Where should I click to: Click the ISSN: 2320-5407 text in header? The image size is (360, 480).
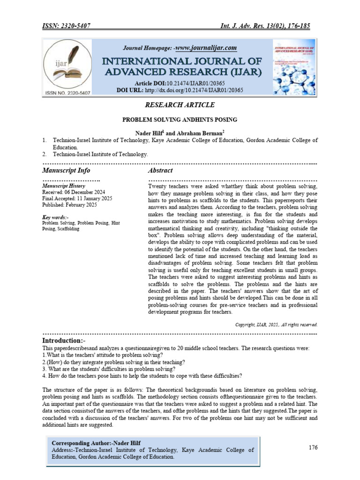[67, 26]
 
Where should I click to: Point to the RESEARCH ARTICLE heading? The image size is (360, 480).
[180, 105]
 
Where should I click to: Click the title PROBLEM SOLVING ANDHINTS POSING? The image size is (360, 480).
[180, 120]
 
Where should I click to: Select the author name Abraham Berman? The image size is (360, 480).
[196, 133]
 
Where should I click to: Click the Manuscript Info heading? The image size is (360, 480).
[66, 170]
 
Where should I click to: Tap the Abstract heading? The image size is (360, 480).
[160, 170]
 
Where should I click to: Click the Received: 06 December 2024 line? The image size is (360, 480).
[74, 193]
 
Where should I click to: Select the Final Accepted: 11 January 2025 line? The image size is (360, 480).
[77, 199]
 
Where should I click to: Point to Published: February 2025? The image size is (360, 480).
[69, 205]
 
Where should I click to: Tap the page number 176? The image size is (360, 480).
[313, 447]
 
